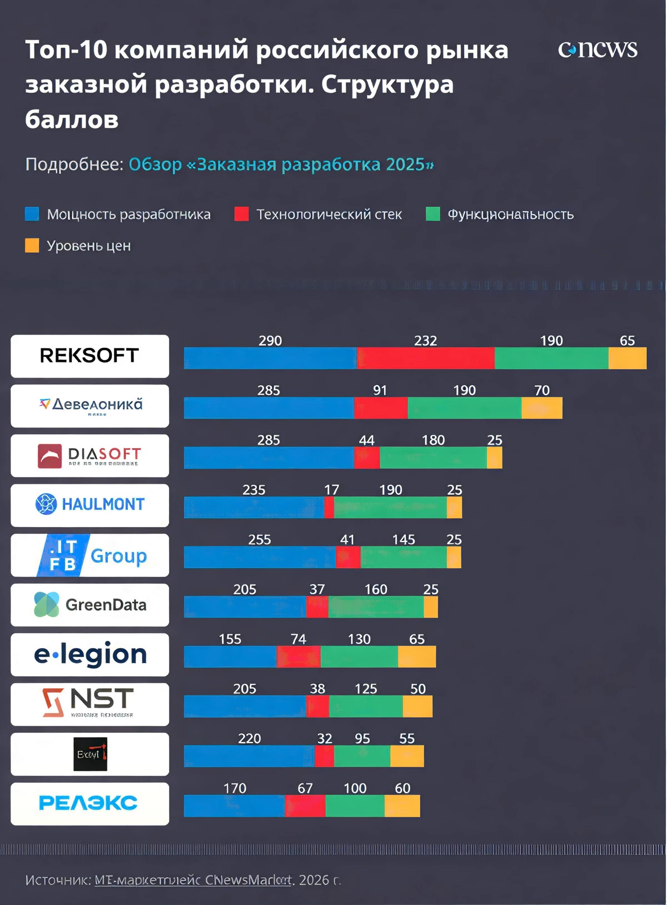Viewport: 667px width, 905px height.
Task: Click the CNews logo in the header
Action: click(598, 49)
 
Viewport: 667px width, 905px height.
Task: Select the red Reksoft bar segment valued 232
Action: click(426, 358)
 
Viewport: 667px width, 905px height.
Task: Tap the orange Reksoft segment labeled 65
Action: click(627, 358)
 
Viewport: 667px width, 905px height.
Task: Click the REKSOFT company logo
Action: click(89, 356)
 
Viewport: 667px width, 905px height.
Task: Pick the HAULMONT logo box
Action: click(89, 505)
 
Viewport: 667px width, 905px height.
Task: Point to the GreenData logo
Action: click(89, 605)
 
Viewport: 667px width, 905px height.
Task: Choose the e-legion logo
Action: click(89, 654)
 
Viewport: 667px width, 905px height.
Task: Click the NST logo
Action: click(89, 704)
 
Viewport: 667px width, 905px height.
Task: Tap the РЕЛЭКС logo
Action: click(89, 803)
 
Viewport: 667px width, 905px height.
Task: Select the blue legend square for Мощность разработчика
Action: click(32, 214)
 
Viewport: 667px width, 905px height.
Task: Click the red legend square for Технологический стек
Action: click(242, 214)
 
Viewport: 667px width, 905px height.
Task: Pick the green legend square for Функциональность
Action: click(433, 214)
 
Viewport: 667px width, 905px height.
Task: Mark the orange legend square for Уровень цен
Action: click(32, 245)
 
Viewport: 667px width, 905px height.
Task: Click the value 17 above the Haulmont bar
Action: click(331, 490)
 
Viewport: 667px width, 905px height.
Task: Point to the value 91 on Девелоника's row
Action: click(380, 390)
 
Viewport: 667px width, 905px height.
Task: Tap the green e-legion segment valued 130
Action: click(359, 657)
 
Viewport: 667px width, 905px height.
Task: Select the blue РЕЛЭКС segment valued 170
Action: click(234, 806)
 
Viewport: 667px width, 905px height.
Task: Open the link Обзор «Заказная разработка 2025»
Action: click(281, 165)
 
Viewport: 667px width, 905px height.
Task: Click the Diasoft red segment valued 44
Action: click(367, 458)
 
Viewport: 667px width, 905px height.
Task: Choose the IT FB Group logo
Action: click(89, 555)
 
